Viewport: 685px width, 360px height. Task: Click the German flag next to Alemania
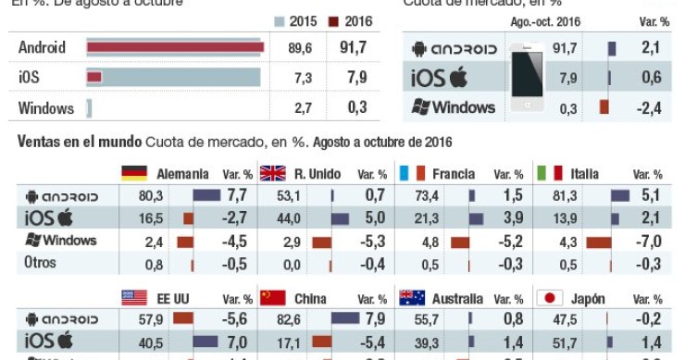(134, 173)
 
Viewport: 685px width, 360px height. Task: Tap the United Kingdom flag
(272, 173)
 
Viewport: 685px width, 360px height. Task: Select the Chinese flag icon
(272, 298)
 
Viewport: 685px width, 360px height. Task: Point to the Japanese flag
(549, 298)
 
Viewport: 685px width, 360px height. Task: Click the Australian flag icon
(411, 298)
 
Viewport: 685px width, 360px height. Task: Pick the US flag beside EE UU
(134, 298)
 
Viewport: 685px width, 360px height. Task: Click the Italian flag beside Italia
(549, 173)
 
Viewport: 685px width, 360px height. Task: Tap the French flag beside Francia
(411, 173)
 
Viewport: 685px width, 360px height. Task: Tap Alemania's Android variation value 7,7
(238, 195)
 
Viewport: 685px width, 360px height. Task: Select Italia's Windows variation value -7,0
(652, 241)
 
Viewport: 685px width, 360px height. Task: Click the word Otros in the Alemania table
(40, 263)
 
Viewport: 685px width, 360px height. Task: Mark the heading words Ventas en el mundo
(80, 141)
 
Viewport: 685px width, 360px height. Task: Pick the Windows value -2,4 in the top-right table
(652, 107)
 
